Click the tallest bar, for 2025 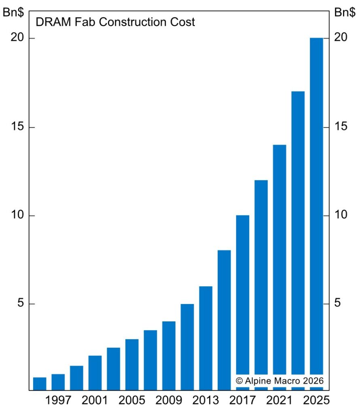tap(316, 202)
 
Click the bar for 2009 tap(169, 356)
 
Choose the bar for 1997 tap(58, 382)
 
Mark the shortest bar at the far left tap(40, 384)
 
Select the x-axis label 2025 tap(317, 401)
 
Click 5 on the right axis tap(338, 304)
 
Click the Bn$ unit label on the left tap(13, 13)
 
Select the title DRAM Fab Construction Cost tap(115, 22)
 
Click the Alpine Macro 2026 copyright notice tap(280, 381)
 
